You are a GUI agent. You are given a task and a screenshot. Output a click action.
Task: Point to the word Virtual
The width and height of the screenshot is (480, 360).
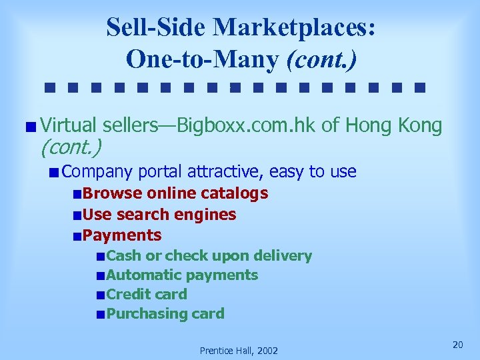[68, 125]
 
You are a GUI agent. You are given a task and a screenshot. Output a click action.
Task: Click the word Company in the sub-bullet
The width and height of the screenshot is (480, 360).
[99, 171]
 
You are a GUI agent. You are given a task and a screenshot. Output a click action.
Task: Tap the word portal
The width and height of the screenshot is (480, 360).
[161, 171]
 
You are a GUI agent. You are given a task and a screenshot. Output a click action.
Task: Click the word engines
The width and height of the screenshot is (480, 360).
[205, 214]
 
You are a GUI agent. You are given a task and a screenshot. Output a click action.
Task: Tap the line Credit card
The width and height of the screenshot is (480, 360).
[147, 294]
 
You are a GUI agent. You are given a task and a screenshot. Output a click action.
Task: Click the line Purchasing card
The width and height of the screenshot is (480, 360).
[165, 313]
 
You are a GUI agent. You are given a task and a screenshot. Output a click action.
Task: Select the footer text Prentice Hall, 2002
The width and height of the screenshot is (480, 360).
[239, 351]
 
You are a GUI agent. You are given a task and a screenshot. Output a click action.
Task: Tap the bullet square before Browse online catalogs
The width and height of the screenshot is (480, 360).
[78, 195]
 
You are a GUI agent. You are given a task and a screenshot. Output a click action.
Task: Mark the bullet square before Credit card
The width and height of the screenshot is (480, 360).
[100, 295]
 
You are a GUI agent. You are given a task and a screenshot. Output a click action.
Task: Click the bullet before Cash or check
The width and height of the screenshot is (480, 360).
[100, 257]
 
